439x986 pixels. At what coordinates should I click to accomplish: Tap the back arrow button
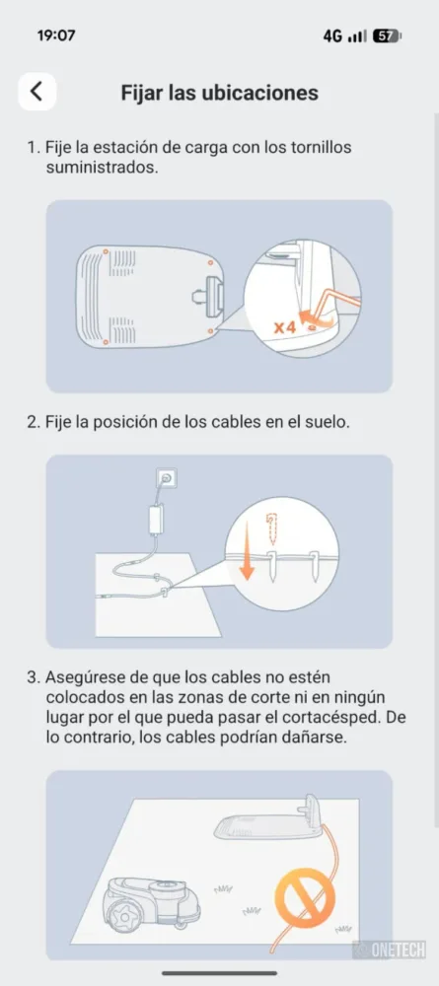(x=37, y=92)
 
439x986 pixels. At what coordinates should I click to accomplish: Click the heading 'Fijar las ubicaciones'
(x=219, y=93)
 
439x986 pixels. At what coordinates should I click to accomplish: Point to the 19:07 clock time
(x=56, y=35)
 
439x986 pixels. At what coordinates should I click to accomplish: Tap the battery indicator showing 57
(x=386, y=35)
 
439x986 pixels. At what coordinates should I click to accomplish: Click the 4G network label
(x=332, y=35)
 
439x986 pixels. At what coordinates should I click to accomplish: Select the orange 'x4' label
(x=285, y=327)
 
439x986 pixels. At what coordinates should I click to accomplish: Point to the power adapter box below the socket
(x=155, y=520)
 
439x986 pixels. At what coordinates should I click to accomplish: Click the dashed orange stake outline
(x=272, y=526)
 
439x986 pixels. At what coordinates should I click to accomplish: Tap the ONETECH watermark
(x=390, y=950)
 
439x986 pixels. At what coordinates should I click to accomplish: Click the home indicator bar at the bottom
(x=219, y=973)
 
